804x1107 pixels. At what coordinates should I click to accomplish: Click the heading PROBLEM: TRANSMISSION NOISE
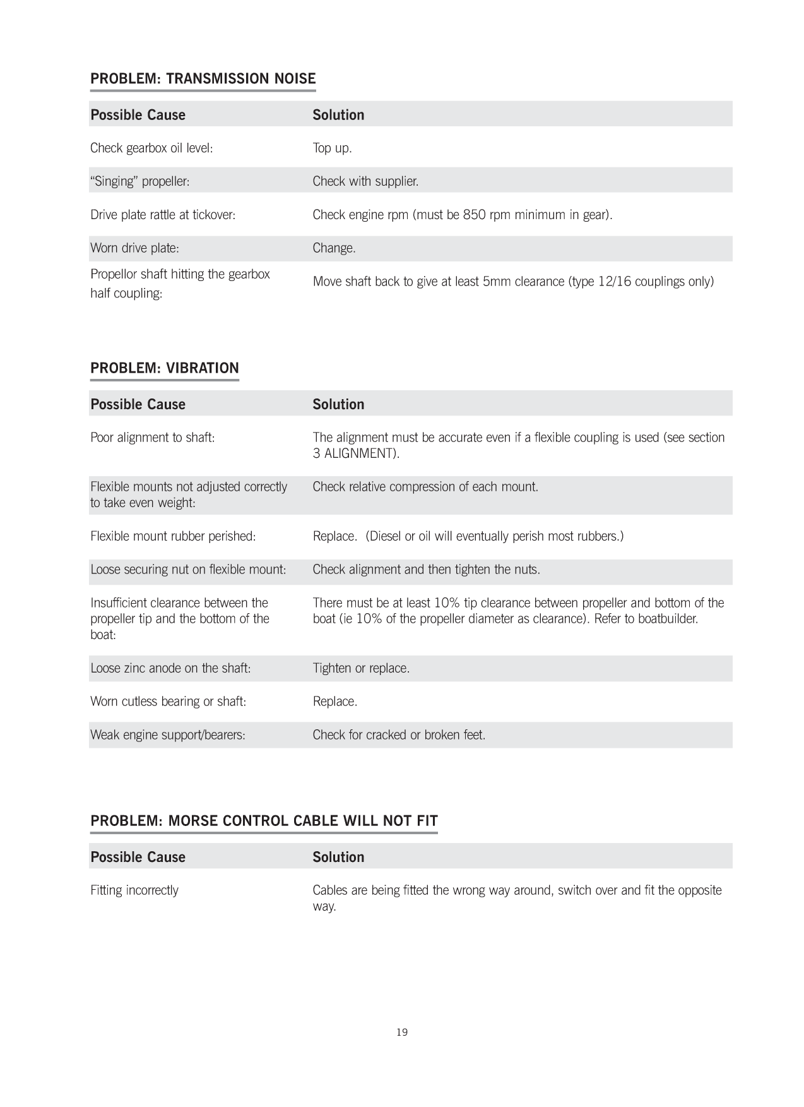(203, 78)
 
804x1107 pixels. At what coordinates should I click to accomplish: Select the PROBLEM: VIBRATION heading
(164, 368)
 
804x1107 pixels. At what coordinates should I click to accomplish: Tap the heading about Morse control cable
(264, 820)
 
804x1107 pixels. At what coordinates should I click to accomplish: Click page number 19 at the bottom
(402, 1032)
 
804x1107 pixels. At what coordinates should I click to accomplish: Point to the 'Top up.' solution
(332, 148)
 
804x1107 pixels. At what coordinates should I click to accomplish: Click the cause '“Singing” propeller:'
(140, 181)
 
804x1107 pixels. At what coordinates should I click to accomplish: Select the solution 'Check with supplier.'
(365, 181)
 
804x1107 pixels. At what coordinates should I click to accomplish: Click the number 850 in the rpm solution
(474, 215)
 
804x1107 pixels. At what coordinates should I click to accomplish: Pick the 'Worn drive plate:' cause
(134, 248)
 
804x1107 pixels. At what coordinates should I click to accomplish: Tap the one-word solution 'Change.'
(334, 248)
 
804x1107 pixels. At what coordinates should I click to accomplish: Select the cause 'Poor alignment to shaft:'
(152, 438)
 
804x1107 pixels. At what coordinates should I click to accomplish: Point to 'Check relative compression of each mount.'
(425, 487)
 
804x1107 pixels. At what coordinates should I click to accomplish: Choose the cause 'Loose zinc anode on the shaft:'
(170, 668)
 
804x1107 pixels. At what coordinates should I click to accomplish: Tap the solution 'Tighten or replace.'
(361, 668)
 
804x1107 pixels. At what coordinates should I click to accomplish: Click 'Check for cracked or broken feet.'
(399, 735)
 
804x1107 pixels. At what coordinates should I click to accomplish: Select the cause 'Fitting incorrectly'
(134, 890)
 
